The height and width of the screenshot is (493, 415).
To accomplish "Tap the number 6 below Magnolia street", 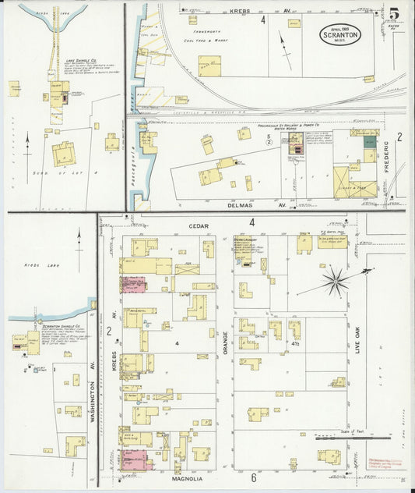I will [253, 477].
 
